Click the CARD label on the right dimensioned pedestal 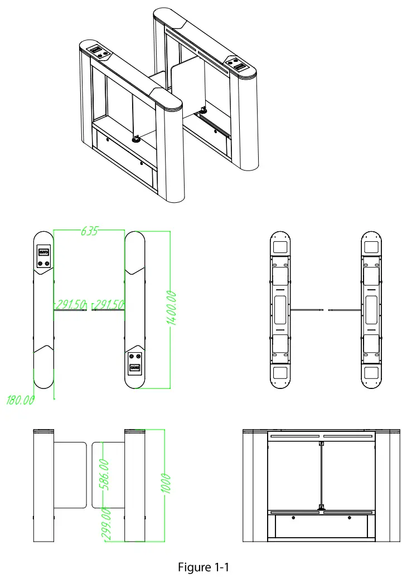click(134, 368)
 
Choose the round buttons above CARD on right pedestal click(134, 357)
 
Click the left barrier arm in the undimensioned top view click(308, 310)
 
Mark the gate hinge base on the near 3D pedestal click(135, 139)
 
